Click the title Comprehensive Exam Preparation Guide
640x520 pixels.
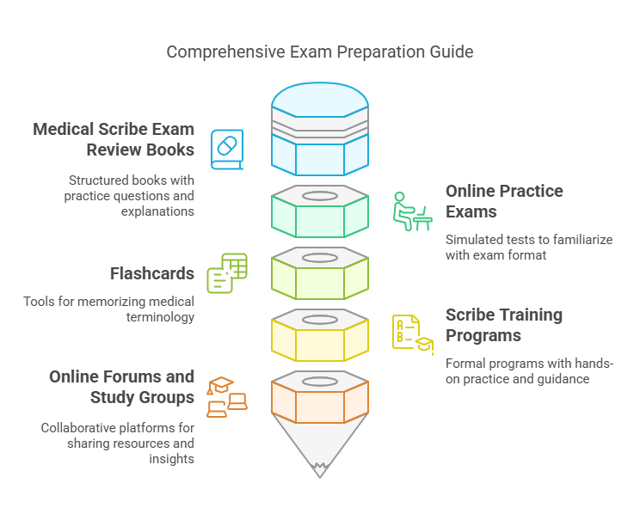[x=319, y=52]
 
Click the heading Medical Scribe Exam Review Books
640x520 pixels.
[x=113, y=139]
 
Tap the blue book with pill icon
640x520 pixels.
[x=227, y=150]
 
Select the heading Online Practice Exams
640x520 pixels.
[x=504, y=201]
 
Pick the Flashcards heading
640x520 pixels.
[x=151, y=274]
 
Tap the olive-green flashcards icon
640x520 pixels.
[x=227, y=273]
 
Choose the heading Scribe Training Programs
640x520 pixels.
[x=504, y=325]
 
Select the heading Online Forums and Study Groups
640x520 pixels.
[x=121, y=387]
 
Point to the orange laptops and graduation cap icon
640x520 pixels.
[x=227, y=396]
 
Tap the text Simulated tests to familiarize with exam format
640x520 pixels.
[x=529, y=248]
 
